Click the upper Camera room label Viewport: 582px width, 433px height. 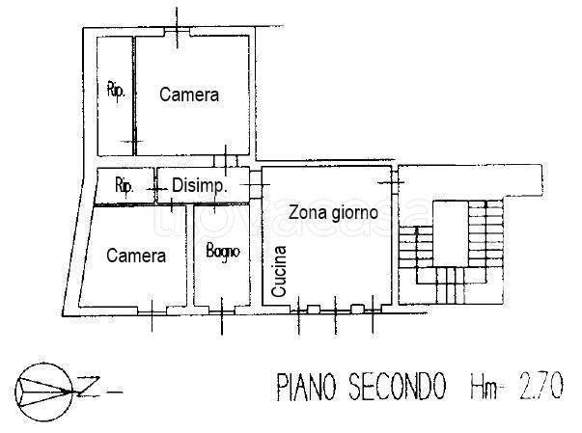click(189, 95)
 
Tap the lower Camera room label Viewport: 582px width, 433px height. click(136, 256)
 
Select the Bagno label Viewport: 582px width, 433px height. click(222, 252)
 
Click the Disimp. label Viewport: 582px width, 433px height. click(199, 187)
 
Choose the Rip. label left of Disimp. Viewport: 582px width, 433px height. click(124, 186)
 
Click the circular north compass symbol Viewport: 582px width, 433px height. click(44, 390)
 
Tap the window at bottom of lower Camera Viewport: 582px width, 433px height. click(152, 309)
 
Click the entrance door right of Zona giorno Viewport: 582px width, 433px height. click(393, 182)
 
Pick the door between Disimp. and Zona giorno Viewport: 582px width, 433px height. click(255, 182)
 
